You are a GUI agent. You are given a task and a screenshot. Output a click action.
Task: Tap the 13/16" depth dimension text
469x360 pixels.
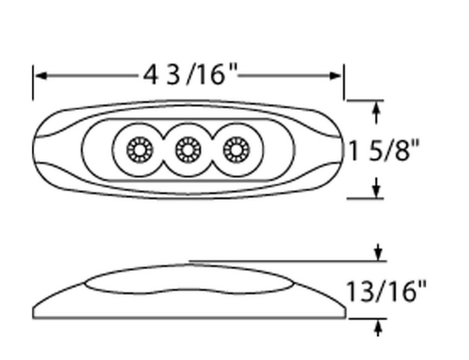(385, 290)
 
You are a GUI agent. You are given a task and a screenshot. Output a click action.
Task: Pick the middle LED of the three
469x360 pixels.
(188, 149)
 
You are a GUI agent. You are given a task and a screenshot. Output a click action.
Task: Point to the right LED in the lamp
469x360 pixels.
(234, 149)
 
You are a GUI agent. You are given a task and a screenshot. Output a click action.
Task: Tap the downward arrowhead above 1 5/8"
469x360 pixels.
(377, 112)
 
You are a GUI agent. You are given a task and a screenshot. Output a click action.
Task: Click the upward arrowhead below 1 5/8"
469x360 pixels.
(377, 187)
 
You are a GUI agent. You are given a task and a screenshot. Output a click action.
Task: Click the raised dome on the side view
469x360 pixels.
(188, 281)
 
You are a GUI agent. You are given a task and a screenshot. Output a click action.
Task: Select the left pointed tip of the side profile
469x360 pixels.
(35, 315)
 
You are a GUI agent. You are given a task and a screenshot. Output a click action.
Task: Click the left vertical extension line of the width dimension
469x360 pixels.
(34, 84)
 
